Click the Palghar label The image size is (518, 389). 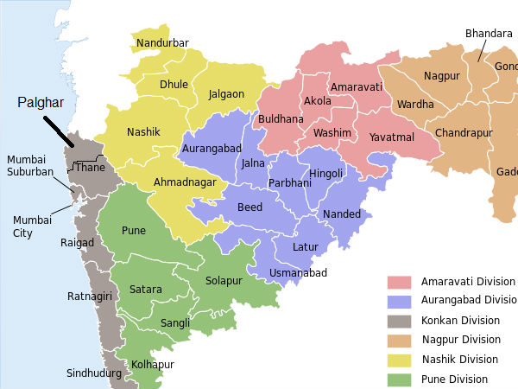click(41, 102)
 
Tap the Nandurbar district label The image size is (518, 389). click(162, 43)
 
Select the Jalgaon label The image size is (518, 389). click(225, 94)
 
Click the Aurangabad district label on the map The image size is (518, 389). click(211, 150)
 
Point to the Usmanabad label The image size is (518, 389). click(298, 273)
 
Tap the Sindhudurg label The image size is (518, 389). click(94, 374)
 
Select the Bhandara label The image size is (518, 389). click(489, 34)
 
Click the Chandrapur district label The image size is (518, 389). click(464, 133)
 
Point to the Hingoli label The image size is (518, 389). click(325, 173)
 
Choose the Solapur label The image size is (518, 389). click(224, 281)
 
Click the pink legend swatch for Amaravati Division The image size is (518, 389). click(399, 283)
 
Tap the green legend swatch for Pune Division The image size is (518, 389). click(399, 379)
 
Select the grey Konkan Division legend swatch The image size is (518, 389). click(399, 321)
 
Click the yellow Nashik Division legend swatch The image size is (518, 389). click(399, 360)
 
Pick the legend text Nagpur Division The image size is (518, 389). click(460, 340)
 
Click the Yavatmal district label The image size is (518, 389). click(392, 137)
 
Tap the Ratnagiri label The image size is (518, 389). click(90, 297)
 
